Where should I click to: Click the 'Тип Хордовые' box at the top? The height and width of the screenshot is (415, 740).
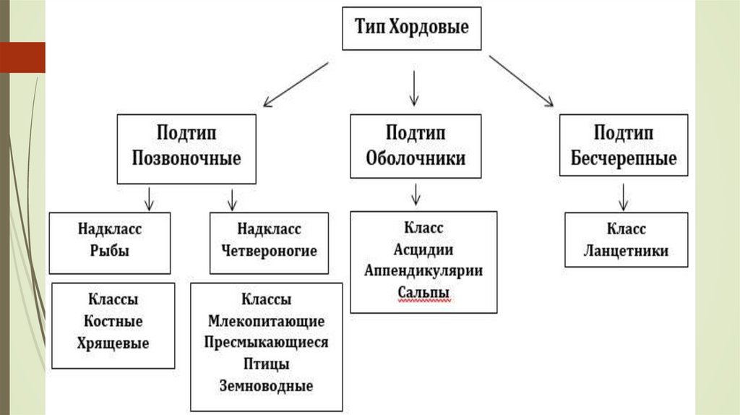click(x=411, y=29)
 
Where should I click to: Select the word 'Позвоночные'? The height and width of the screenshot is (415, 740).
click(x=186, y=158)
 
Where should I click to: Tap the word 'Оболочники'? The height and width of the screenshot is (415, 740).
click(x=416, y=158)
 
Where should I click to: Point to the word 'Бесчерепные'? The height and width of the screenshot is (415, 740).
click(x=624, y=158)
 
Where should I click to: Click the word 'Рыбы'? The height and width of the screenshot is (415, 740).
click(x=110, y=251)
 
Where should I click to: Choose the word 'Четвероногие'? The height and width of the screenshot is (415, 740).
click(x=269, y=251)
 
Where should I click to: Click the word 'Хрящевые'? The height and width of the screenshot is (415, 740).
click(x=113, y=343)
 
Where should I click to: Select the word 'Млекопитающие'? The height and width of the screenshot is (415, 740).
click(x=266, y=321)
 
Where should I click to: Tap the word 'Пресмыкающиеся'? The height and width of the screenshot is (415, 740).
click(x=266, y=342)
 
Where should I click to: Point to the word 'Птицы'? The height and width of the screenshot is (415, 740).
click(x=266, y=364)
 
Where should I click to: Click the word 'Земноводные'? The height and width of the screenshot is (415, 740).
click(x=266, y=385)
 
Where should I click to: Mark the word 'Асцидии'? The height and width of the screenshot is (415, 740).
click(x=423, y=249)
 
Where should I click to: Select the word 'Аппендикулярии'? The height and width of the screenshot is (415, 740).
click(x=423, y=270)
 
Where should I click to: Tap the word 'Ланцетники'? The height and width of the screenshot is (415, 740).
click(x=626, y=251)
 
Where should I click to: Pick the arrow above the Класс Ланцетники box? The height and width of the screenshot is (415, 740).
click(x=624, y=196)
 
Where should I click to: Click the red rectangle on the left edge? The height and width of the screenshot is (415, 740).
click(x=22, y=57)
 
